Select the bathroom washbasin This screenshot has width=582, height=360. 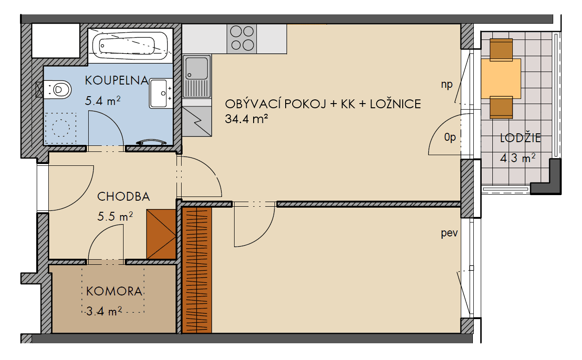(160, 93)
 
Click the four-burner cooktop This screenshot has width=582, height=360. (242, 38)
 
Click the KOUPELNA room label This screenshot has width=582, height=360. (117, 80)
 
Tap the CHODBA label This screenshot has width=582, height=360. (123, 196)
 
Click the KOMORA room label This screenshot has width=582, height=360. (114, 291)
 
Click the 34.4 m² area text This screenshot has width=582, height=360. (247, 119)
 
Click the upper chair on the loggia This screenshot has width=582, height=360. (501, 49)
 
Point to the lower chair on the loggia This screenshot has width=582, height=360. (501, 107)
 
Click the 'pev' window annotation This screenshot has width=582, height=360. (449, 233)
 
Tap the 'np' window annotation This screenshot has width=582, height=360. (447, 85)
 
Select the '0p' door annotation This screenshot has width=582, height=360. (449, 138)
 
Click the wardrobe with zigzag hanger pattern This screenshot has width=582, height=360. (196, 270)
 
